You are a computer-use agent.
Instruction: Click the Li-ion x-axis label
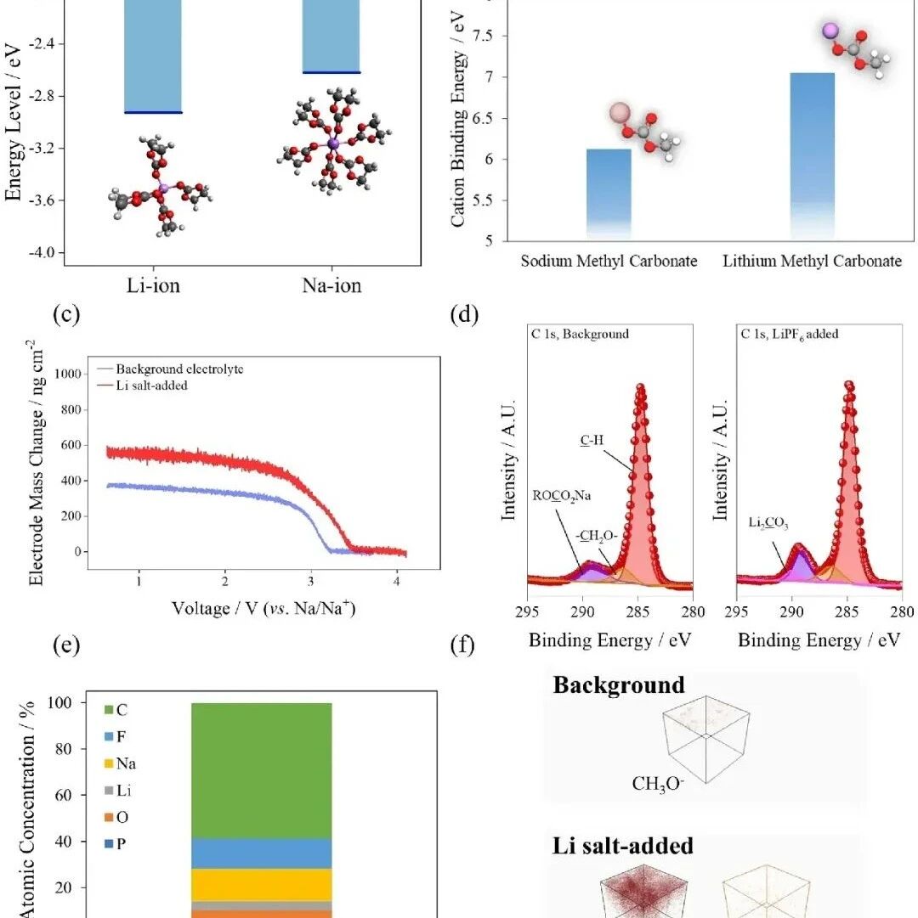pos(153,285)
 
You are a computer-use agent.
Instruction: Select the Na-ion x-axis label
pos(331,285)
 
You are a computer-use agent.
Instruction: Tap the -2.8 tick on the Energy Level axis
pos(42,95)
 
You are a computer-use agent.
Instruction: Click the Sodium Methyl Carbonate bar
pos(609,194)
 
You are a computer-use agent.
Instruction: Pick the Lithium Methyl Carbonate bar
pos(812,156)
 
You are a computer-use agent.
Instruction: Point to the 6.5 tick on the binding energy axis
pos(482,118)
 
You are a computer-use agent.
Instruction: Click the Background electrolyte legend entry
pos(171,369)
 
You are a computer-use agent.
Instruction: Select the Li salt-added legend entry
pos(143,386)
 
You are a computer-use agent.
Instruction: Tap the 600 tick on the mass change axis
pos(71,445)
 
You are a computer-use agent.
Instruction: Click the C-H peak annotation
pos(592,440)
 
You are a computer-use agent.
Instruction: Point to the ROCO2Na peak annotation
pos(561,496)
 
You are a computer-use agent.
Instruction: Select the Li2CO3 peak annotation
pos(768,522)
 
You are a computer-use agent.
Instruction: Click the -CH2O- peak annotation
pos(597,536)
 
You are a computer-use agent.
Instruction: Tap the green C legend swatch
pos(109,710)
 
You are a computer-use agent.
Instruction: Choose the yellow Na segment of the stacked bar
pos(261,885)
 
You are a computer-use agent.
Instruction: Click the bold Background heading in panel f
pos(619,685)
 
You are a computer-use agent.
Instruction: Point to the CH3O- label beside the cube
pos(658,784)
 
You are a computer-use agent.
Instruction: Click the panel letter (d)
pos(464,314)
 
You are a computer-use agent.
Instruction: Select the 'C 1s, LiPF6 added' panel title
pos(789,335)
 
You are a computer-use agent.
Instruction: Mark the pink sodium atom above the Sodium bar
pos(620,113)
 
